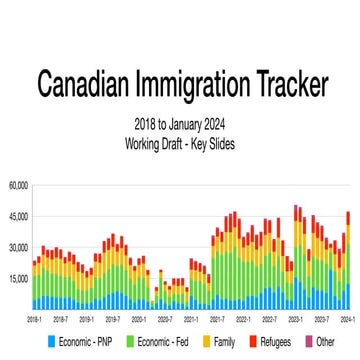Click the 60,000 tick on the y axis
click(x=18, y=186)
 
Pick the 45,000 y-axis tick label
click(x=18, y=216)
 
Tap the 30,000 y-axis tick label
click(x=18, y=247)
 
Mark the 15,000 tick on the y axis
click(x=18, y=278)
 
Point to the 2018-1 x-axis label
click(x=33, y=320)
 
